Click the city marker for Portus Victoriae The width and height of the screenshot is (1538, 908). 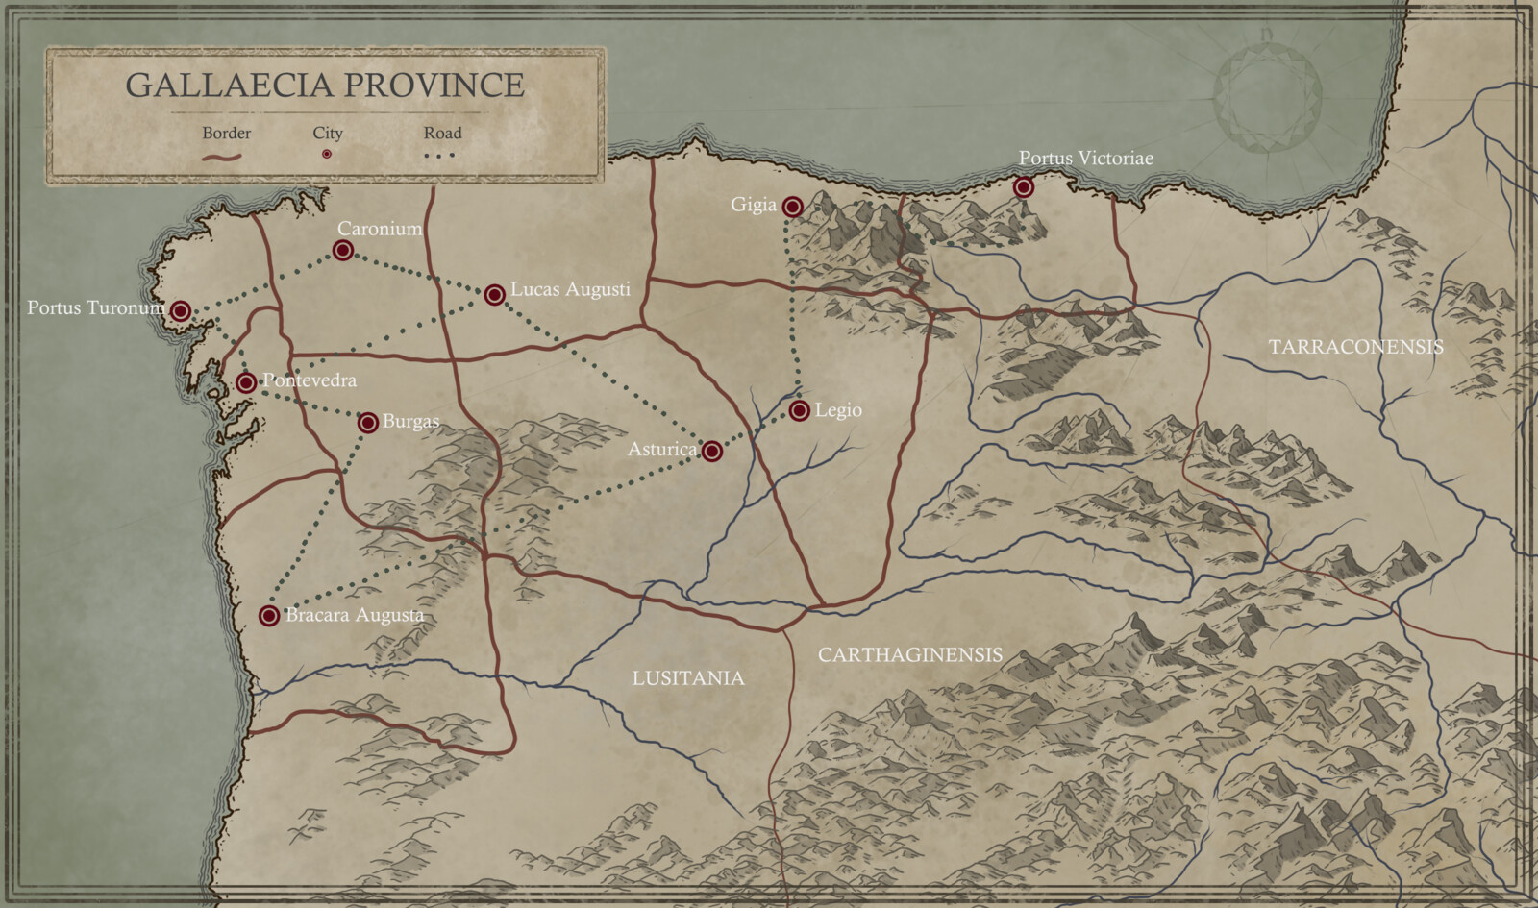(1024, 187)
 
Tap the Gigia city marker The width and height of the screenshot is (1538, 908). (792, 207)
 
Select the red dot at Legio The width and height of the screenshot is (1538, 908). (799, 411)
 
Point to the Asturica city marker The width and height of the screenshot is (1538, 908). (711, 451)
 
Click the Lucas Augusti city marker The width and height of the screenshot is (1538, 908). (494, 294)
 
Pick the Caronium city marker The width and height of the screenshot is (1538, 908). (342, 251)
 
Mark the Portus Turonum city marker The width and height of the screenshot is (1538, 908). (180, 310)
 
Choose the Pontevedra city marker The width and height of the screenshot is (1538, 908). (246, 382)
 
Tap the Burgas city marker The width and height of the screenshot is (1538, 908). (367, 423)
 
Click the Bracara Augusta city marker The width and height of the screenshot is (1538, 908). (269, 616)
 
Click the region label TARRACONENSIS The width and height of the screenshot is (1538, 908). (1355, 347)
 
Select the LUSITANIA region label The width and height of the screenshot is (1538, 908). (688, 678)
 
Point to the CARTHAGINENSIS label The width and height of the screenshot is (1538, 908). (909, 655)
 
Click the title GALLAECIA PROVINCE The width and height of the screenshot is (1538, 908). (325, 86)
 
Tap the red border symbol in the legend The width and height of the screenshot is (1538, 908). (222, 156)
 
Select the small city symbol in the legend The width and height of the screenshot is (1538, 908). (327, 154)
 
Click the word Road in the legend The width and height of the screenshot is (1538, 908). (442, 133)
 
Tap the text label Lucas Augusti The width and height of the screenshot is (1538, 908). (570, 289)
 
